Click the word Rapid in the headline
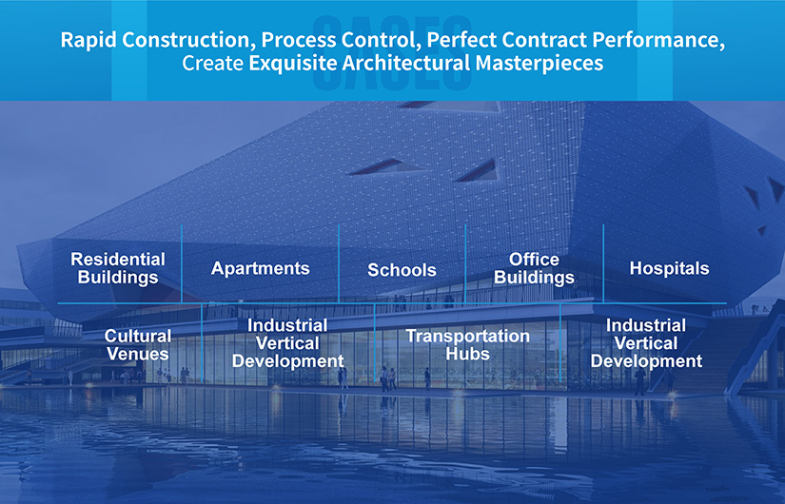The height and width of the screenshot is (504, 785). pyautogui.click(x=89, y=40)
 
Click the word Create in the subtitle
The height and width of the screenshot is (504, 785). pyautogui.click(x=213, y=64)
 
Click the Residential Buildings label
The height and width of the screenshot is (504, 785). pyautogui.click(x=118, y=268)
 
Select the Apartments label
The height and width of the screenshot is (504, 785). pyautogui.click(x=261, y=269)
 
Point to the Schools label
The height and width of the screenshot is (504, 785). pyautogui.click(x=402, y=270)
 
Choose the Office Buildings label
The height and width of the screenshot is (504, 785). pyautogui.click(x=534, y=268)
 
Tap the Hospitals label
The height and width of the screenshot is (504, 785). pyautogui.click(x=669, y=268)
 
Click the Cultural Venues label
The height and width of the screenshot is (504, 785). pyautogui.click(x=138, y=345)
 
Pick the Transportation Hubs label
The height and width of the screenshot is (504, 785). pyautogui.click(x=467, y=345)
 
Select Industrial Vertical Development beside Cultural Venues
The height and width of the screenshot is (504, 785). pyautogui.click(x=288, y=343)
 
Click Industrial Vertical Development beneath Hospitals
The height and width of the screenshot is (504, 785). pyautogui.click(x=646, y=343)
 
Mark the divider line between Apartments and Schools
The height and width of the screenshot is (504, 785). pyautogui.click(x=339, y=263)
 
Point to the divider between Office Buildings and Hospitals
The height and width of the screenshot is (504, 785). pyautogui.click(x=603, y=263)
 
